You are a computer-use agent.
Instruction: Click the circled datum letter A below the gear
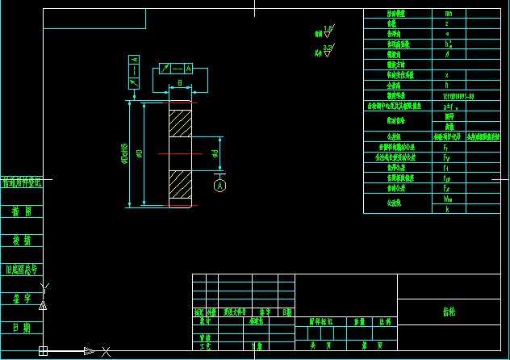[219, 186]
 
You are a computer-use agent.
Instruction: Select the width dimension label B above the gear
[179, 83]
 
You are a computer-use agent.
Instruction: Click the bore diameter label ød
[214, 153]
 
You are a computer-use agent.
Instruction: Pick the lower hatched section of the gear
[179, 187]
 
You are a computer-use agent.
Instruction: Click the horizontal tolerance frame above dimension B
[177, 69]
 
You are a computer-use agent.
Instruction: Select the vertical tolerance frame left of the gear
[134, 71]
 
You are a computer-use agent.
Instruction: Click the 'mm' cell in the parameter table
[448, 14]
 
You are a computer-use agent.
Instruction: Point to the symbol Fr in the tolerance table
[446, 148]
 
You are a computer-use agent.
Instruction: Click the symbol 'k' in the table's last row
[447, 209]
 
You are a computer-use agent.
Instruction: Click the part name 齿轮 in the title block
[449, 311]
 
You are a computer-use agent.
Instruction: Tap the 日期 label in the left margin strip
[21, 328]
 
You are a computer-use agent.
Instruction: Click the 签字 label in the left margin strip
[21, 299]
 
